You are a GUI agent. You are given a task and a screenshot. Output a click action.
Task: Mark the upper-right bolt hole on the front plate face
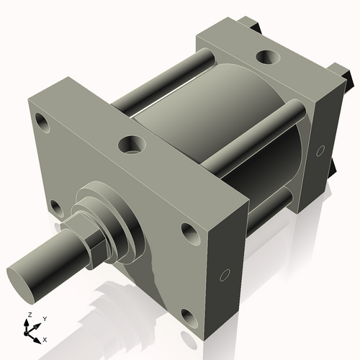tap(189, 232)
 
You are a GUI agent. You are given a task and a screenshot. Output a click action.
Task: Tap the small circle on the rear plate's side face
tap(321, 150)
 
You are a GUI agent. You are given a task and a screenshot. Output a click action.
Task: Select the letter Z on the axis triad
tap(27, 316)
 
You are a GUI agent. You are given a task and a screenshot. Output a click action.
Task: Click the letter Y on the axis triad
tap(44, 318)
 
